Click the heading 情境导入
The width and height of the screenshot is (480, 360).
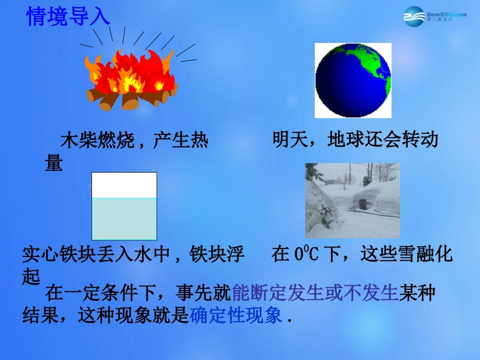coord(68,17)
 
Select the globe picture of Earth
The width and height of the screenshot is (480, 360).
coord(353,80)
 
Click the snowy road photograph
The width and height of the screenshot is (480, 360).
coord(352,200)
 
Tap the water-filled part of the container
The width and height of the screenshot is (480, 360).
coord(124,219)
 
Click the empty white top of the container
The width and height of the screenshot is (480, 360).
coord(124,185)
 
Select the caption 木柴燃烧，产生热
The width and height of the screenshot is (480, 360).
coord(134,141)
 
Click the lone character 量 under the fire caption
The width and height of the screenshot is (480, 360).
coord(54,163)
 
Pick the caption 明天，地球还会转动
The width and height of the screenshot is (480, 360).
coord(355,139)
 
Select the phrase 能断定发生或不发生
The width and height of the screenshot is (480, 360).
coord(315,293)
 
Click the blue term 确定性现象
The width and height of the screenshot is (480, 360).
coord(236,316)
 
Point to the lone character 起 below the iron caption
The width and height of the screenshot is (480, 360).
coord(31,276)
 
